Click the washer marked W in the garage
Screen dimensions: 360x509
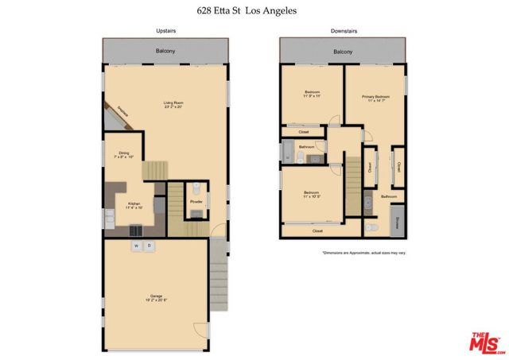coord(136,246)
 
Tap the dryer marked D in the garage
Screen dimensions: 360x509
coord(149,246)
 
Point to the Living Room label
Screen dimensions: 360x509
coord(173,104)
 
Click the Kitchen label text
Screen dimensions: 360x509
coord(135,205)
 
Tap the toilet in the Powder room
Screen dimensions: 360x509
coord(196,189)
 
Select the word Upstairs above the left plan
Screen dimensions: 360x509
coord(165,30)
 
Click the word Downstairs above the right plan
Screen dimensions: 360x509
coord(343,30)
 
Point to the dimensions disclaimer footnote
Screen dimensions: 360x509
coord(363,253)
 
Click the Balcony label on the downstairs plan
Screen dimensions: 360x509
coord(343,52)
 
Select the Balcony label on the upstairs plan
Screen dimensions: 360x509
coord(165,52)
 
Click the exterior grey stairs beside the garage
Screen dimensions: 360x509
coord(219,267)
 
